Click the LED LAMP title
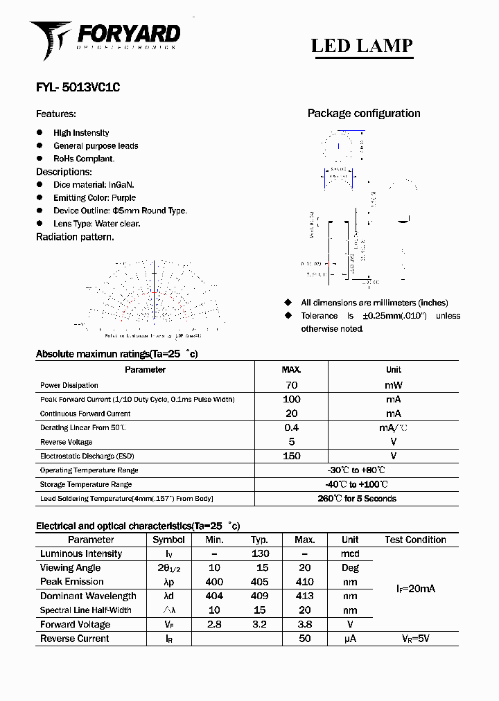(x=362, y=46)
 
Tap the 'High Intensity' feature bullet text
(x=81, y=133)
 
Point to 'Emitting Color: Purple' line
(x=94, y=198)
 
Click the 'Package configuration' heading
(x=364, y=114)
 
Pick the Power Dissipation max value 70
(x=291, y=385)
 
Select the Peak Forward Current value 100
(x=291, y=400)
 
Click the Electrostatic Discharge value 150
(x=291, y=456)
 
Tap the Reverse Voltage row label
(x=67, y=442)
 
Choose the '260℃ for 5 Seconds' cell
(x=356, y=499)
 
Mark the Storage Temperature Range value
(x=356, y=485)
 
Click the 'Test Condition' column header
(x=415, y=540)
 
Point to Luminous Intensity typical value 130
(x=260, y=554)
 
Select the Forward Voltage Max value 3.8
(x=304, y=625)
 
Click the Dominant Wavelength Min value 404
(x=214, y=596)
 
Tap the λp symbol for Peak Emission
(x=168, y=582)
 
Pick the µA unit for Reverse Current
(x=350, y=639)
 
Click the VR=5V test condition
(x=415, y=639)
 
